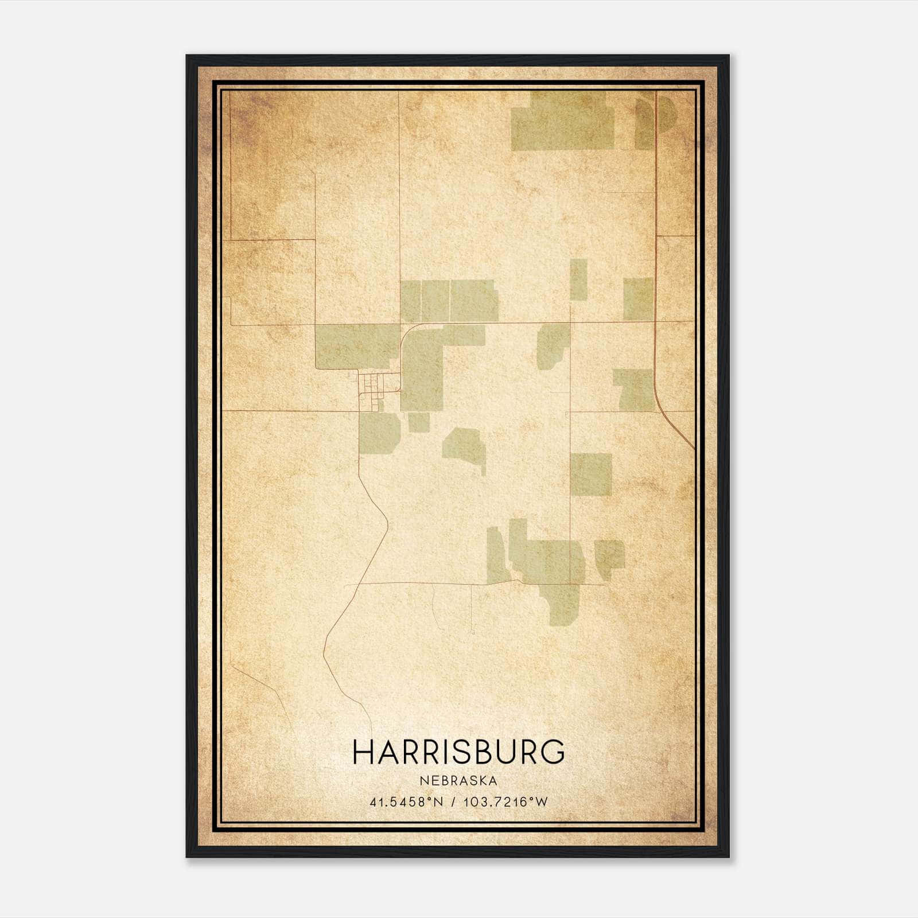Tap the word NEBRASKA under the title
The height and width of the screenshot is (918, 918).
coord(458,781)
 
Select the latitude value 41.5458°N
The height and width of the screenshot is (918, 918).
coord(407,802)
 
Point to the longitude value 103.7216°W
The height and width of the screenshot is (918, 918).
coord(505,802)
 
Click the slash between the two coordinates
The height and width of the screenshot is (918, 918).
coord(454,802)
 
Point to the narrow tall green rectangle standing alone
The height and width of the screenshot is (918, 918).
coord(578,279)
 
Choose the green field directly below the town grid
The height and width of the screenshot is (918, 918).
coord(379,433)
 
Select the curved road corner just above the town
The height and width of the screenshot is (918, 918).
coord(408,331)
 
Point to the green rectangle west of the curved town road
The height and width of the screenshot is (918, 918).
coord(356,346)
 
